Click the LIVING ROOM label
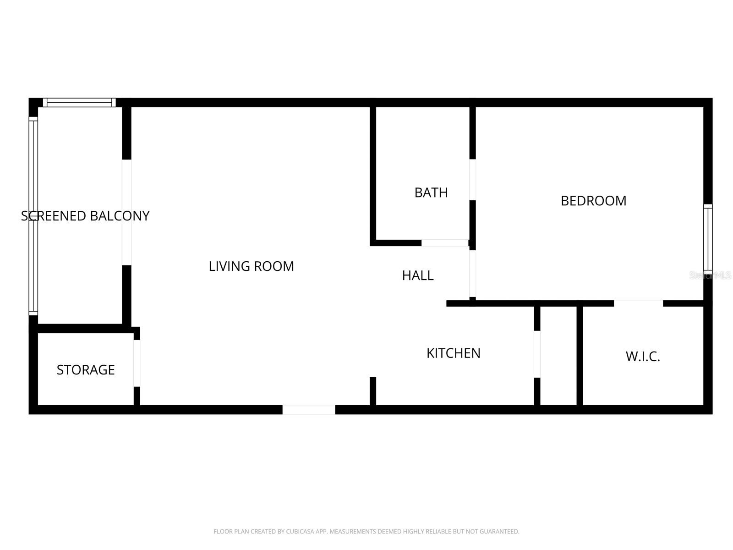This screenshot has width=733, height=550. tap(251, 266)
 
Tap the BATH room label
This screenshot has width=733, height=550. tap(431, 192)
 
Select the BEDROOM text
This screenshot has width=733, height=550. tap(593, 201)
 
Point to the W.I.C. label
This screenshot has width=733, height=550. tap(643, 357)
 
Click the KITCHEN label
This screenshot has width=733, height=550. tap(453, 353)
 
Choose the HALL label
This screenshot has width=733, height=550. tap(417, 275)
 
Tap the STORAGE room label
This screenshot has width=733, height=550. tap(86, 370)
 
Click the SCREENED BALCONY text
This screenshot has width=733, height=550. tap(85, 216)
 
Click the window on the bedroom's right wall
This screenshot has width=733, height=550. tap(708, 237)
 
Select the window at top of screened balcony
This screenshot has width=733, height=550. tap(79, 103)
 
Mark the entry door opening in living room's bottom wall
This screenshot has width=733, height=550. tap(309, 410)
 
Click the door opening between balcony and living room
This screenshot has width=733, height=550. tap(126, 212)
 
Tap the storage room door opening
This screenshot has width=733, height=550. tap(137, 363)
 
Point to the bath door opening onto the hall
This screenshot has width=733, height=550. tap(444, 243)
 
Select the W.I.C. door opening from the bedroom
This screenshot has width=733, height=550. tap(638, 303)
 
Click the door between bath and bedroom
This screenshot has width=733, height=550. tap(472, 180)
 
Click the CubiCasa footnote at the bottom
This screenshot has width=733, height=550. tap(366, 532)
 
